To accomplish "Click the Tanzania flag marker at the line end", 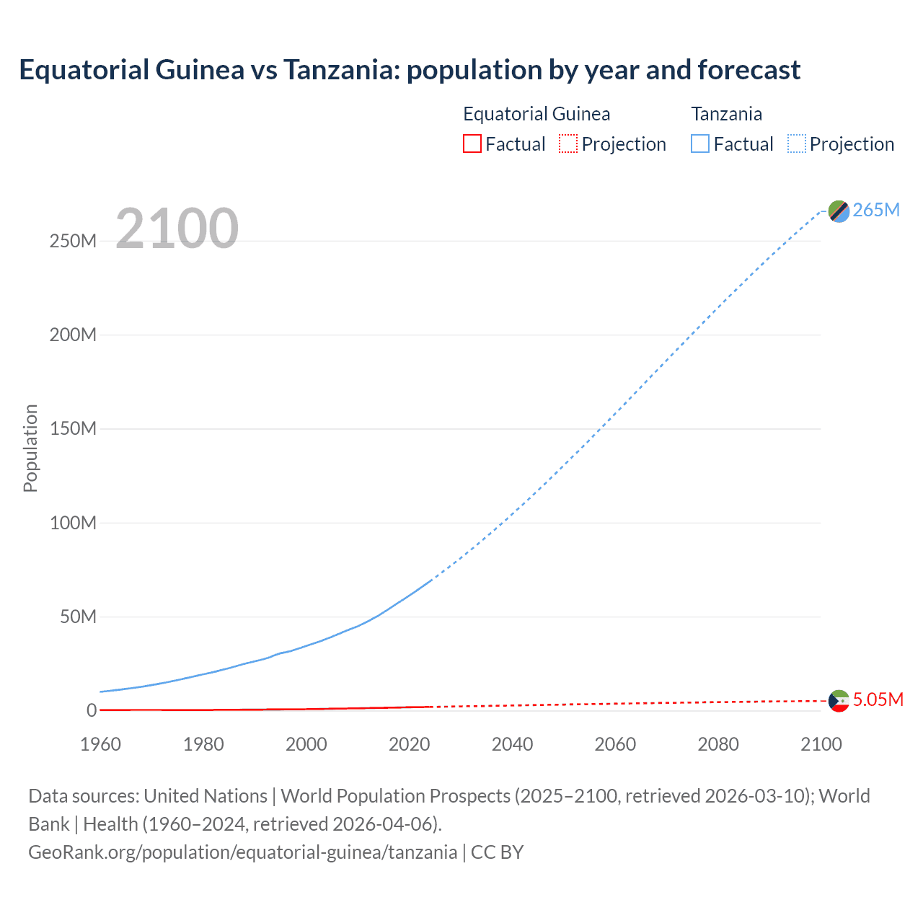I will click(x=839, y=211).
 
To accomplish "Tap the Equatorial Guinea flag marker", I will click(x=839, y=700).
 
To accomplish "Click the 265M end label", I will click(x=876, y=210).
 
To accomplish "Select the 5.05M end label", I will click(x=878, y=699).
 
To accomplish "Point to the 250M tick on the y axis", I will click(x=73, y=241).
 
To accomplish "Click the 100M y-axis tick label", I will click(x=73, y=523).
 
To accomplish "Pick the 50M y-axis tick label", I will click(x=78, y=617).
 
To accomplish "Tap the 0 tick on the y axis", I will click(x=92, y=710).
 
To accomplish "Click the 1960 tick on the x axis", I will click(x=100, y=744).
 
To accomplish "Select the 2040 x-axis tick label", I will click(x=512, y=744).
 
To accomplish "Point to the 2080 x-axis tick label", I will click(x=718, y=744).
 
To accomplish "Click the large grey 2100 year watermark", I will click(x=177, y=229).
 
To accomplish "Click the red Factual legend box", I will click(x=472, y=143).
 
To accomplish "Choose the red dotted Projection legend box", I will click(x=568, y=143).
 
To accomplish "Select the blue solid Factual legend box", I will click(x=700, y=143).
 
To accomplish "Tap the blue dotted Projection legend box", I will click(x=797, y=143).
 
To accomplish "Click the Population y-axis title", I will click(x=30, y=448).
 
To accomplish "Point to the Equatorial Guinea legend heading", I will click(x=536, y=114).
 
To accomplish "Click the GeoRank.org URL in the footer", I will click(x=242, y=852).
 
